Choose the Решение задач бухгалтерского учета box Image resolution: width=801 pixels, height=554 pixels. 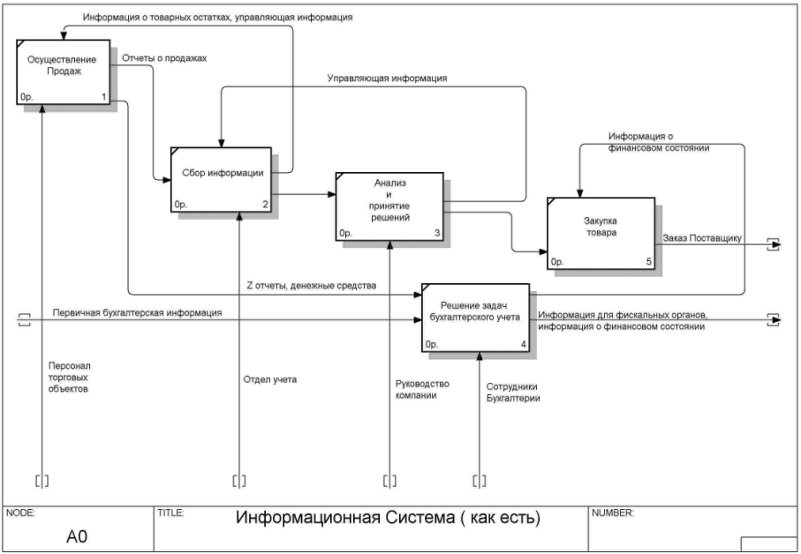pos(475,318)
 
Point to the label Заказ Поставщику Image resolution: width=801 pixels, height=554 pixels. pos(702,238)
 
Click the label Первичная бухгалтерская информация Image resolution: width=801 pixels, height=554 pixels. pos(137,313)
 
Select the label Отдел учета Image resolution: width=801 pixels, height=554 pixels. pos(270,380)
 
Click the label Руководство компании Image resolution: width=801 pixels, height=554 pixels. pos(423,391)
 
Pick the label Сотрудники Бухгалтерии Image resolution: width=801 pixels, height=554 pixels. pos(513,393)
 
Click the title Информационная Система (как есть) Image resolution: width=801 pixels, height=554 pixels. pos(388,517)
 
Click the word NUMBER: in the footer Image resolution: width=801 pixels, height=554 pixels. pos(612,513)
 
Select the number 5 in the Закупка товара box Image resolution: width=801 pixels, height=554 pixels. pos(649,262)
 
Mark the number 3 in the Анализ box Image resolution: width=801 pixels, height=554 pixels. pos(437,234)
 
